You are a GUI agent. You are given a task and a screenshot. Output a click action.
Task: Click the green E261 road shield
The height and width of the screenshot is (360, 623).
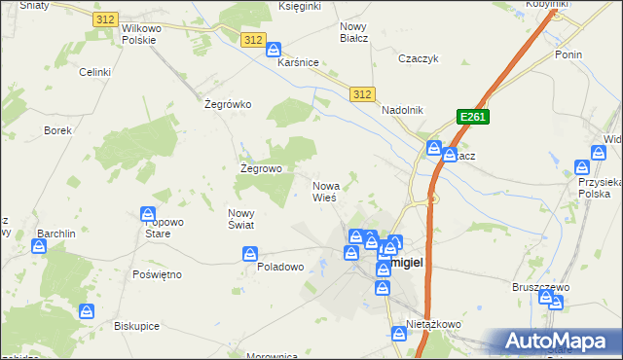tap(472, 117)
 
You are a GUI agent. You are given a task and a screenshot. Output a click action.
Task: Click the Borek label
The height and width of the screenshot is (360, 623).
tap(57, 129)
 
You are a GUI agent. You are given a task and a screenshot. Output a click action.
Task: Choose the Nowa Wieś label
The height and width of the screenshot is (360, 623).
tap(325, 191)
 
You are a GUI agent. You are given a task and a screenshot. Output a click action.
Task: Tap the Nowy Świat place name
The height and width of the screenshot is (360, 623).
tap(240, 219)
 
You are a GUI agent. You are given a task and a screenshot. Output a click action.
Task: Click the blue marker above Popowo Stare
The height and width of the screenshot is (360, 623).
tap(148, 214)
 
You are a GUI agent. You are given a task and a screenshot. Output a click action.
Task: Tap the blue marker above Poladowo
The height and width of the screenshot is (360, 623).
tap(251, 255)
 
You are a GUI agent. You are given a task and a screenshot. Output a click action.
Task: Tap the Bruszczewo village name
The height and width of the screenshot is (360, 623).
tap(540, 287)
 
